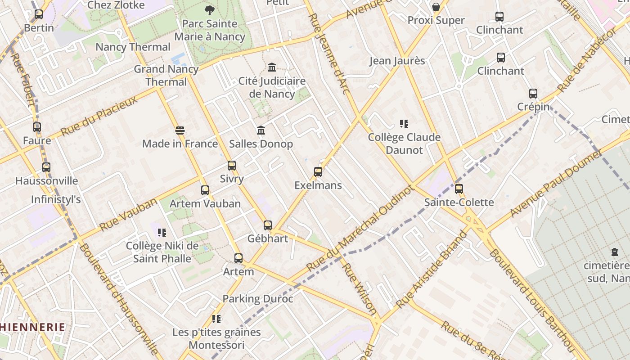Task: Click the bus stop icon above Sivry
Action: [x=232, y=166]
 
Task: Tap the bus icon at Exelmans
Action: [x=318, y=172]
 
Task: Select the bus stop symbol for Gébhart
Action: [x=268, y=225]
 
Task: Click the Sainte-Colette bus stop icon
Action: [x=459, y=189]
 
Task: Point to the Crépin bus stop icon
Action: [x=533, y=94]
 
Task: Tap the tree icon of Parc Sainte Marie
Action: [x=209, y=10]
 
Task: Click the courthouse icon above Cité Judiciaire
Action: [x=272, y=67]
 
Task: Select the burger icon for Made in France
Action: [x=180, y=130]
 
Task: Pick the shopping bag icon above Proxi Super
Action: [x=436, y=7]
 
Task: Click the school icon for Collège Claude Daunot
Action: [x=404, y=123]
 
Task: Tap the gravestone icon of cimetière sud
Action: [x=614, y=252]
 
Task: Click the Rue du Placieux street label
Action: [x=99, y=116]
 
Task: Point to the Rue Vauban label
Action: [x=128, y=214]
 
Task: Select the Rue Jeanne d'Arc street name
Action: [x=329, y=54]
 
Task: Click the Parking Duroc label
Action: [x=258, y=299]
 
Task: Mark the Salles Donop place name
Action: [x=261, y=144]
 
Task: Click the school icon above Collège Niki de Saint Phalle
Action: [x=162, y=233]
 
